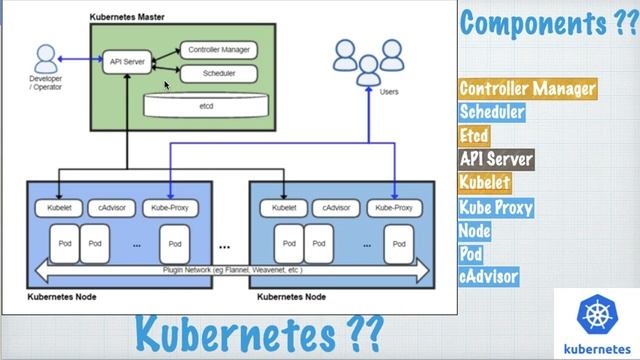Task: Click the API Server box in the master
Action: coord(126,61)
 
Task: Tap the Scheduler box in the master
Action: coord(218,73)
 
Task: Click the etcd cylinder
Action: coord(206,102)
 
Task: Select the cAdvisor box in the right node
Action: coord(335,208)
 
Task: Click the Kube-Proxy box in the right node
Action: coord(395,208)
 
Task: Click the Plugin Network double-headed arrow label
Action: coord(232,270)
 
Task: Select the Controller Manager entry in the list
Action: coord(527,89)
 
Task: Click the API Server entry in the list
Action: coord(496,158)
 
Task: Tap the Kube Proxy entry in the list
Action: coord(496,208)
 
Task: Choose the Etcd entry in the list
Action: coord(475,135)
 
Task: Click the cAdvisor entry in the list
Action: coord(489,276)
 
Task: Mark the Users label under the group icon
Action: coord(390,91)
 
